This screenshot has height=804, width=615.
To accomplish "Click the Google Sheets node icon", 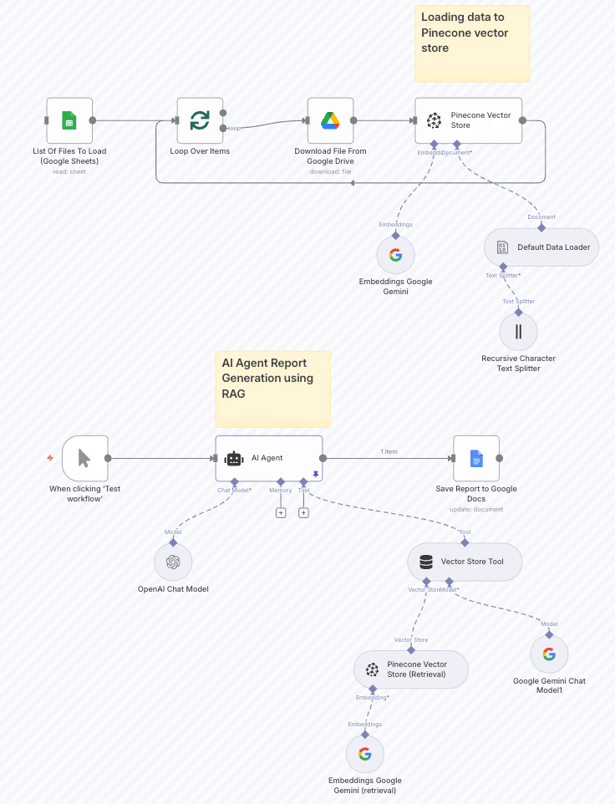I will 69,120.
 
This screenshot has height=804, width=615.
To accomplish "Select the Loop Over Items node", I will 200,120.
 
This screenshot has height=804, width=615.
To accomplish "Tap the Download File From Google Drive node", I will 330,120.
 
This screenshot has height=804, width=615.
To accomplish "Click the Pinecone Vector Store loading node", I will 468,120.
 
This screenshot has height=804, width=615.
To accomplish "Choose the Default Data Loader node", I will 541,247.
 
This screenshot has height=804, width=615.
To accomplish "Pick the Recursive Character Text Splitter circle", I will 518,331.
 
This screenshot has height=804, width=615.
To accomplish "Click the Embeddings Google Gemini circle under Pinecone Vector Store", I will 395,255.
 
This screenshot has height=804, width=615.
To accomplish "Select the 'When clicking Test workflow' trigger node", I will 84,458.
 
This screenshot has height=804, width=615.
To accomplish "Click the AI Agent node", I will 268,458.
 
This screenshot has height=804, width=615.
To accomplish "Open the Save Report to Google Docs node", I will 475,458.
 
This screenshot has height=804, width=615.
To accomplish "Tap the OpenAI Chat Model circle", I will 173,562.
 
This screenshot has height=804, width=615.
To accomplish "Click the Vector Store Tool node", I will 465,562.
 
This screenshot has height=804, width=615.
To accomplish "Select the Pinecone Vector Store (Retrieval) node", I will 410,669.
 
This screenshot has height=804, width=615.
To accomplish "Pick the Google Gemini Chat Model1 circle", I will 549,654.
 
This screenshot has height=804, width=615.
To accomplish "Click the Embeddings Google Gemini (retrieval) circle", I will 364,754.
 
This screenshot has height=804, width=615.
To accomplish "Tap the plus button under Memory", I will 281,512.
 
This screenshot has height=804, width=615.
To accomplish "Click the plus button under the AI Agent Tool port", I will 303,512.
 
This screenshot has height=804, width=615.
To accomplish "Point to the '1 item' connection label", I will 389,451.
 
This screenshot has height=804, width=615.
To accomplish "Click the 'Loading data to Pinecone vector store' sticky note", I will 472,43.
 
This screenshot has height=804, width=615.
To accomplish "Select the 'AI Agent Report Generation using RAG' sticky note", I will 272,389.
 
